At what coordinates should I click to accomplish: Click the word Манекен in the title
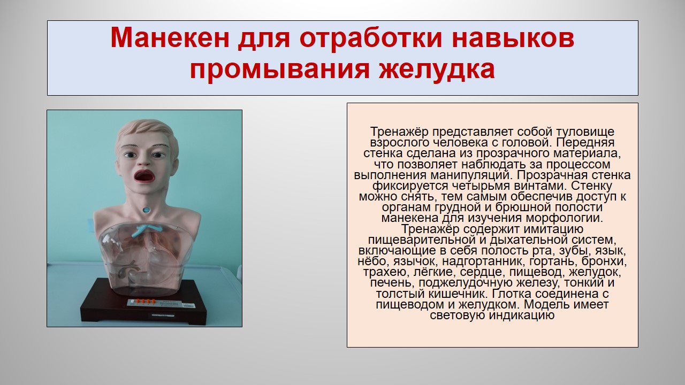click(x=170, y=37)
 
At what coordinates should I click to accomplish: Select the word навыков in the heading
click(x=513, y=37)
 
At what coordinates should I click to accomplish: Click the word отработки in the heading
click(x=371, y=38)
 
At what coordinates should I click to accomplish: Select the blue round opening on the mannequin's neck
click(x=147, y=210)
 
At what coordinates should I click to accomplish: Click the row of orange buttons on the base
click(x=143, y=301)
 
